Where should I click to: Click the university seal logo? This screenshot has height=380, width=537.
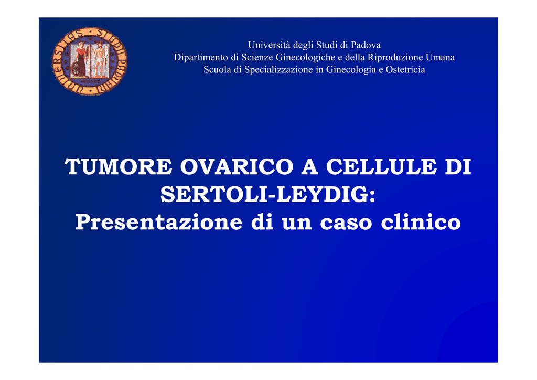click(x=89, y=61)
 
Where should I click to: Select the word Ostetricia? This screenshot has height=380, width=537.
click(x=405, y=70)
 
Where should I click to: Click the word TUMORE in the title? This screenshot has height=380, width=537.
click(x=119, y=167)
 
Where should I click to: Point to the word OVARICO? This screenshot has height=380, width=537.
click(x=237, y=167)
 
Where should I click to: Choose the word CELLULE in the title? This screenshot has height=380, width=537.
click(x=381, y=167)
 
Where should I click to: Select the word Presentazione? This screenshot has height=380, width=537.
click(x=159, y=222)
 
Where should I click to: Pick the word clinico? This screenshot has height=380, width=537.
click(x=421, y=222)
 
